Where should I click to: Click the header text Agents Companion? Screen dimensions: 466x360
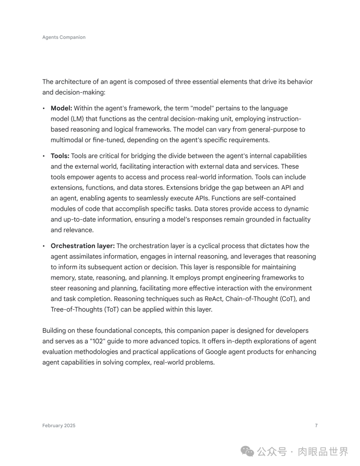coord(64,37)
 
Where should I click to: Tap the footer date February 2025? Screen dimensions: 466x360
coord(59,426)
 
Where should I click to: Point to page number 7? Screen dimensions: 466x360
coord(316,426)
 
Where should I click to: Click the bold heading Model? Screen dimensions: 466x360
coord(61,108)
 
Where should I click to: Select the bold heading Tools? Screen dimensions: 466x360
coord(60,156)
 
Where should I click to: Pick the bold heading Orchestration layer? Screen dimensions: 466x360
coord(83,246)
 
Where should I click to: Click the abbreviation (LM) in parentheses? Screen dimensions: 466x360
coord(77,119)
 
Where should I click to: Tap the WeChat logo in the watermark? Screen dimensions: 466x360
coord(247,452)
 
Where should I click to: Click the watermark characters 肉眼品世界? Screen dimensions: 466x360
coord(323,452)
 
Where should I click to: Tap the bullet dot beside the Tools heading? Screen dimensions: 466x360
coord(44,156)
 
